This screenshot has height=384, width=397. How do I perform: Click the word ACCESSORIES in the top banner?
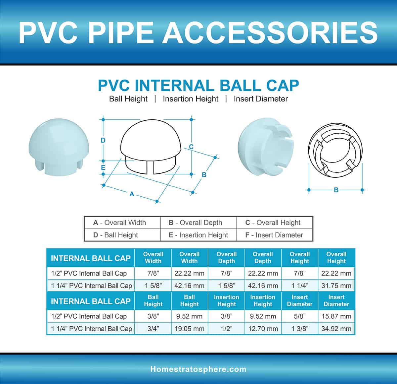click(x=270, y=32)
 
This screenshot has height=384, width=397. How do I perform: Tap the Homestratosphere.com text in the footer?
click(x=198, y=369)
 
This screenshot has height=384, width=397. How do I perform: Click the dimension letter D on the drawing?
click(x=103, y=140)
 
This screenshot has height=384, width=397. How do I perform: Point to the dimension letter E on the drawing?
click(x=103, y=167)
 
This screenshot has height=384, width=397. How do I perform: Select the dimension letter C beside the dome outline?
click(x=191, y=147)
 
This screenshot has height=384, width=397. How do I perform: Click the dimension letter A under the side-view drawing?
click(x=132, y=194)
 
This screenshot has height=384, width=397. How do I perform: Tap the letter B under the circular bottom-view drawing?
click(x=336, y=190)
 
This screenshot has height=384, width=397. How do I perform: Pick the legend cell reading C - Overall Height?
click(x=274, y=223)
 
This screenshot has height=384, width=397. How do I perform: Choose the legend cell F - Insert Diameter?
click(x=274, y=235)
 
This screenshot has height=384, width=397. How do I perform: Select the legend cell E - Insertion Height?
click(x=198, y=235)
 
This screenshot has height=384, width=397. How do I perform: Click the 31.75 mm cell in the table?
click(x=336, y=286)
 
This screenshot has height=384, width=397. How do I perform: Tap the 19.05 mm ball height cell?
click(x=190, y=329)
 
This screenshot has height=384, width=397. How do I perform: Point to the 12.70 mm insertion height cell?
click(x=263, y=329)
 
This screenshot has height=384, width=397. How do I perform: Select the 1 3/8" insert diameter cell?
click(x=300, y=329)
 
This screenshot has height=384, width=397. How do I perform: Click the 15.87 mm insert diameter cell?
click(x=336, y=316)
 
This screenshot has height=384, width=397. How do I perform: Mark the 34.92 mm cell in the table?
click(x=336, y=329)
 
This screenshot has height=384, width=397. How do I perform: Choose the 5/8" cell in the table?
click(x=300, y=316)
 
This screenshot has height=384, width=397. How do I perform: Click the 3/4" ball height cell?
click(x=153, y=329)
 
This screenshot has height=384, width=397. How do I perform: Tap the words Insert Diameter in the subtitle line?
click(x=261, y=99)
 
